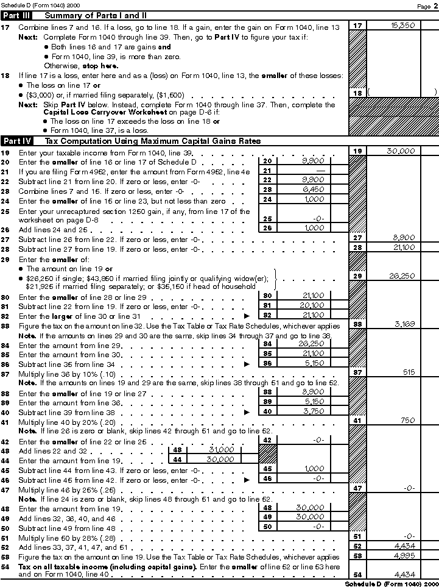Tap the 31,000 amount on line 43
(x=220, y=450)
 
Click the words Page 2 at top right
(x=424, y=5)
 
